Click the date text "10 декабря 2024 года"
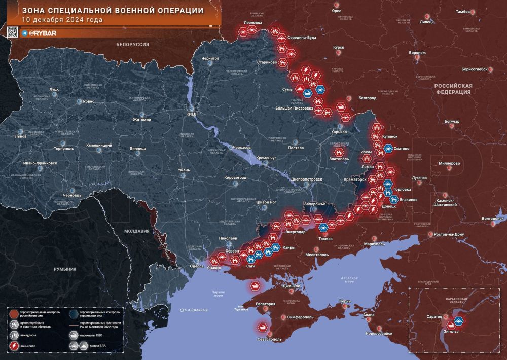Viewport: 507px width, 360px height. click(x=62, y=20)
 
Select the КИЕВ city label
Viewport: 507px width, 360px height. click(x=191, y=114)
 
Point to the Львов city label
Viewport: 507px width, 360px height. click(x=21, y=137)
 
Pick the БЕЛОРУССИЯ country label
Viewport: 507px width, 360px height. click(x=132, y=45)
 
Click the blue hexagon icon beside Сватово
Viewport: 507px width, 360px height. click(x=388, y=149)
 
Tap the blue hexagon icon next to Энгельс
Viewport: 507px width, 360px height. click(x=459, y=320)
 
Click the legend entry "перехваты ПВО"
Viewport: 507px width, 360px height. click(x=91, y=335)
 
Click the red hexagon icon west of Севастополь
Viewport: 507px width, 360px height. click(x=263, y=327)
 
